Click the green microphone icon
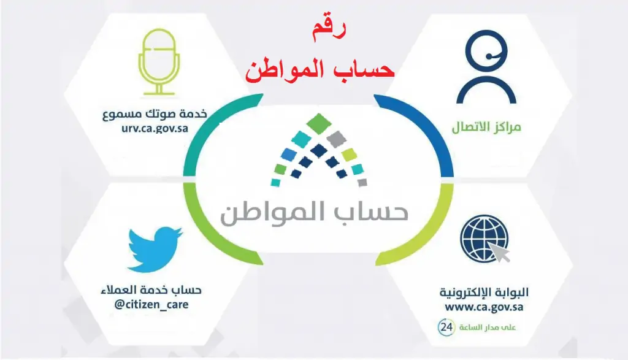click(159, 62)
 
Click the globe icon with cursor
click(485, 239)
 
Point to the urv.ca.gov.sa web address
click(155, 129)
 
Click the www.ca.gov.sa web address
click(484, 307)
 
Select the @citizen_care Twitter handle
click(151, 305)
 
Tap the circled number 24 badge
click(446, 327)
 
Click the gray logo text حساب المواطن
click(315, 212)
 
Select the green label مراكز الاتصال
click(486, 127)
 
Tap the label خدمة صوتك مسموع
click(155, 114)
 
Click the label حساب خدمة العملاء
click(151, 289)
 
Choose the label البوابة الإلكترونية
click(484, 293)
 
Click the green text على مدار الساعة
click(488, 327)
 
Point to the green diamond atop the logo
click(319, 124)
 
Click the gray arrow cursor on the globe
click(499, 252)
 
